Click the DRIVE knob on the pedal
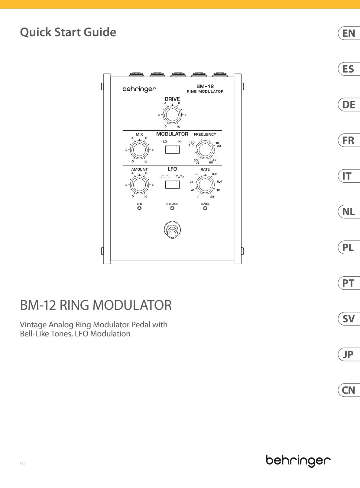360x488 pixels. [172, 115]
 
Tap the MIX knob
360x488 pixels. [139, 150]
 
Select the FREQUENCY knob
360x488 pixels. [205, 150]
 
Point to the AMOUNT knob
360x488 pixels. [139, 185]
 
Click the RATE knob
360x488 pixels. [205, 185]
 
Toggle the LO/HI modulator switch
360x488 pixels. [172, 150]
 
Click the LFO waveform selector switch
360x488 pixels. [172, 185]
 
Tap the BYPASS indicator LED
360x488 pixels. [172, 208]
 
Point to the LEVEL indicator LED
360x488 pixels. [205, 208]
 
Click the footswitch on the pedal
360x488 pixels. [172, 230]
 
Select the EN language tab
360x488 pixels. [349, 33]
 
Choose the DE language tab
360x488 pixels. [349, 105]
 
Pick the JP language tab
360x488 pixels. [349, 355]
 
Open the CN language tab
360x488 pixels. [349, 390]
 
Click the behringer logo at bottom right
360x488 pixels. [298, 460]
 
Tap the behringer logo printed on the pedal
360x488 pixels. [139, 89]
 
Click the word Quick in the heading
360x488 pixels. [36, 32]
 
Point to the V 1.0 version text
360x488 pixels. [22, 463]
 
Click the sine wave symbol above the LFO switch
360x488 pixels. [180, 176]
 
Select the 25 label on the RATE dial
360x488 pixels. [212, 197]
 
